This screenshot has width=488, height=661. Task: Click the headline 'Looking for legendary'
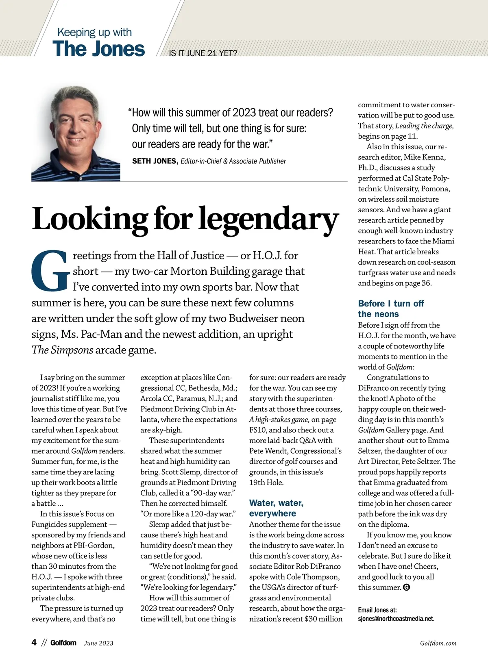(185, 220)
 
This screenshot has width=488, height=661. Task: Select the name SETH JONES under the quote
(155, 161)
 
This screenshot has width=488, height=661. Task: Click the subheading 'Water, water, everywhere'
(276, 508)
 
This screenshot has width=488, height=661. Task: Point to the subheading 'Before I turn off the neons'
(391, 309)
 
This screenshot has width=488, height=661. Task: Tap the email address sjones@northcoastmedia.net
(396, 619)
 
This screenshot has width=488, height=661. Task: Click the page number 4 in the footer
(34, 642)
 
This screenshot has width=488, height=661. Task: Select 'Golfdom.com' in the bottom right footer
(438, 643)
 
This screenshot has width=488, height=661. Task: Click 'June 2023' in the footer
(98, 643)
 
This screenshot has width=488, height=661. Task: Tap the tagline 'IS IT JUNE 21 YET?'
(203, 53)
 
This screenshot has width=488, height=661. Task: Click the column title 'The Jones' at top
(98, 49)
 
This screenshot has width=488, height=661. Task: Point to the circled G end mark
(406, 587)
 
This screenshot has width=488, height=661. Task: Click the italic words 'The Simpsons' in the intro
(62, 350)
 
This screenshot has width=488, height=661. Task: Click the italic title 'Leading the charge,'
(425, 126)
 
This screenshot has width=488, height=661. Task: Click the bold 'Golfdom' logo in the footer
(63, 643)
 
